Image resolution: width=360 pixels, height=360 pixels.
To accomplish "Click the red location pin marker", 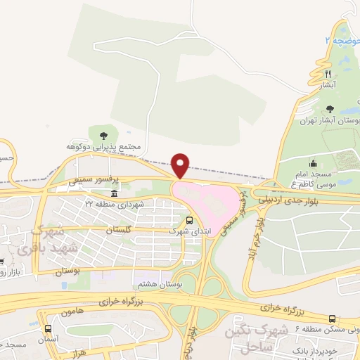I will [181, 165].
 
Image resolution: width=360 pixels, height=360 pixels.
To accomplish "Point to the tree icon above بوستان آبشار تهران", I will [331, 109].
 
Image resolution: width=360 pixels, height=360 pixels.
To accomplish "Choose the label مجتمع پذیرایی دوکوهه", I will [104, 146].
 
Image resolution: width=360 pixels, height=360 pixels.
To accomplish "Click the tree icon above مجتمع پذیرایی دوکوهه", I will [104, 134].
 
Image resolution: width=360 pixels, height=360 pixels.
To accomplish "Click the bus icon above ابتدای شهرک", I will [189, 219].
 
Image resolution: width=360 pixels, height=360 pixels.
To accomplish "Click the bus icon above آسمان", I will [48, 328].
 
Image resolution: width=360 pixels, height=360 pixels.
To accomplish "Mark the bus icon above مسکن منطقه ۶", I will [331, 319].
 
